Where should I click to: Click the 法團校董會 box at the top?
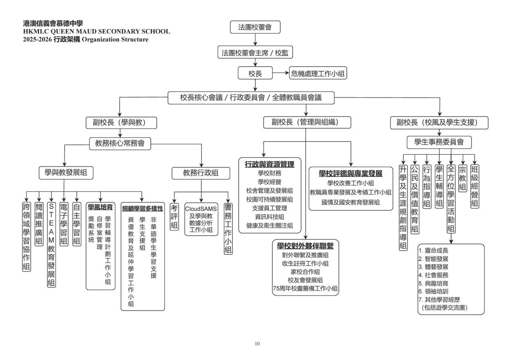point(255,27)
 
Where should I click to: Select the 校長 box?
point(255,73)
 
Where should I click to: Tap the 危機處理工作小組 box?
point(318,73)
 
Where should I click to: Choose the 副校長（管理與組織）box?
point(306,123)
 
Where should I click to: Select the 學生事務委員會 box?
point(439,142)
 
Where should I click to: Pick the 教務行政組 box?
point(200,173)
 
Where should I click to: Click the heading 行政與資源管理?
point(269,164)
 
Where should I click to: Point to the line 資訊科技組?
point(269,217)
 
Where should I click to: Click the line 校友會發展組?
point(306,280)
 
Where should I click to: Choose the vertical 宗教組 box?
point(463,179)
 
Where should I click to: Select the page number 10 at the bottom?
point(255,343)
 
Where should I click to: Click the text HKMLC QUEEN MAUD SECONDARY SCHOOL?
point(97,31)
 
